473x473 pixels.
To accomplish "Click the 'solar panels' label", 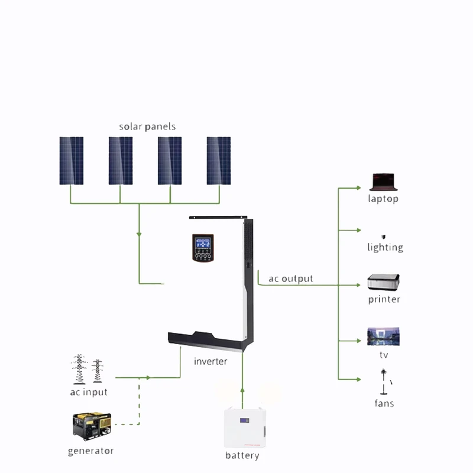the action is (147, 127).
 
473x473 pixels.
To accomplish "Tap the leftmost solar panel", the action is (72, 161).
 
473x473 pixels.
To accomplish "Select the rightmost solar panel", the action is (219, 161).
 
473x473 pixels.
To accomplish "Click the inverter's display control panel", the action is (203, 248).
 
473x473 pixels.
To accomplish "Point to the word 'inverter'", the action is (210, 361).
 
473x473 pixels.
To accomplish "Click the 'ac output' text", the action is (290, 278).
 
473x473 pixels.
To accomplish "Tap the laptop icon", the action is (383, 182).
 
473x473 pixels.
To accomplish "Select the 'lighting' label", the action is (385, 247).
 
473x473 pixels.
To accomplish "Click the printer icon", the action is (383, 283).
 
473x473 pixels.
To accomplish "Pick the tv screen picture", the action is (383, 336).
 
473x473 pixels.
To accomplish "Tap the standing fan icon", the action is (384, 381).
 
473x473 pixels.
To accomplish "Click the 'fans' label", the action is (384, 403).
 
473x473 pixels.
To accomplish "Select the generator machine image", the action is (92, 426).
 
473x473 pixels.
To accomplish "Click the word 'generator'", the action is (91, 451).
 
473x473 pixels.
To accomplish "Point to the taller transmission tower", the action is (79, 369).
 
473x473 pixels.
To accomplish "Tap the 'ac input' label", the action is (89, 392).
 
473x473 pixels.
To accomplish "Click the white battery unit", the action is (245, 427).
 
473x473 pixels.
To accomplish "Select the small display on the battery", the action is (245, 420).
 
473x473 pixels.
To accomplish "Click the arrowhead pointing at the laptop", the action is (359, 188).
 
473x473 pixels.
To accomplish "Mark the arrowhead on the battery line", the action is (242, 390).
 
